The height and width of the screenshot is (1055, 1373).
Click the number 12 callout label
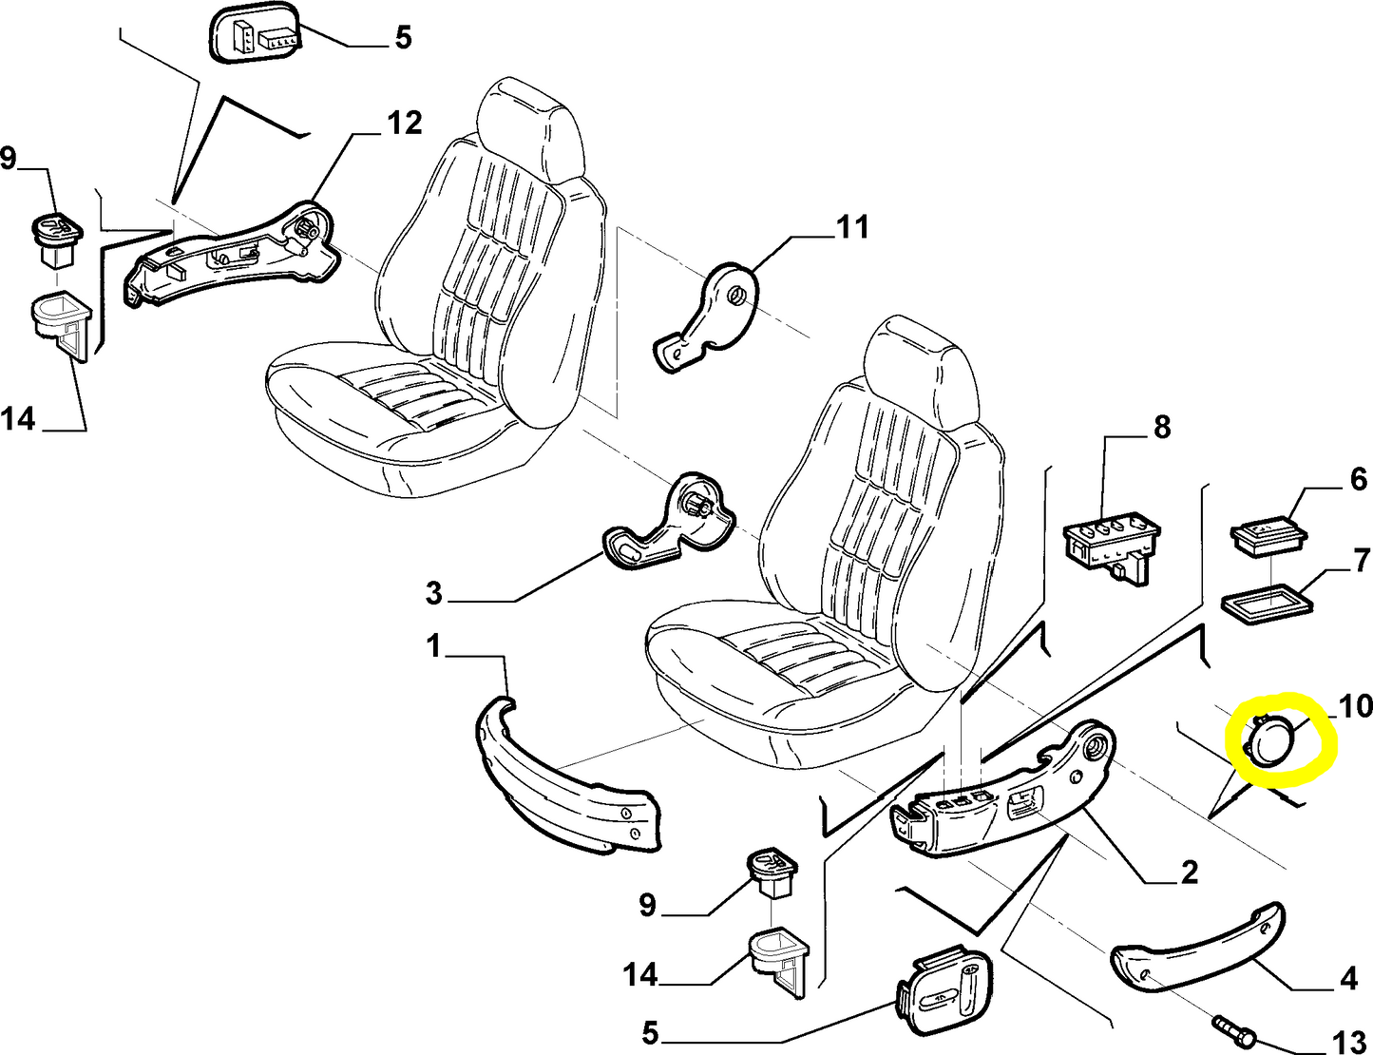[404, 124]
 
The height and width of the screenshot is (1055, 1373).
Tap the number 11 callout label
[851, 227]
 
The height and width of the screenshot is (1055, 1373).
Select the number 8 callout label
[1162, 428]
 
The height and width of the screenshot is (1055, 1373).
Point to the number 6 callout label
[1359, 479]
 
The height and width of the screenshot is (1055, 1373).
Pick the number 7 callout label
[1362, 560]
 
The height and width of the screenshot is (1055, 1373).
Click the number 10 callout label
[1355, 705]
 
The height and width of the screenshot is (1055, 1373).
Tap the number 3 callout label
[433, 594]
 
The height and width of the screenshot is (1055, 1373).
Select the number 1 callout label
[434, 647]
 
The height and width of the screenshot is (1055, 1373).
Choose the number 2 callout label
[1189, 872]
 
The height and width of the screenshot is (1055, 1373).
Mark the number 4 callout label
[1348, 978]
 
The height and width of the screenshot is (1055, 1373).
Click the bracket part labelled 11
[708, 318]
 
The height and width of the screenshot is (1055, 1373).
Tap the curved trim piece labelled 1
[561, 779]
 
